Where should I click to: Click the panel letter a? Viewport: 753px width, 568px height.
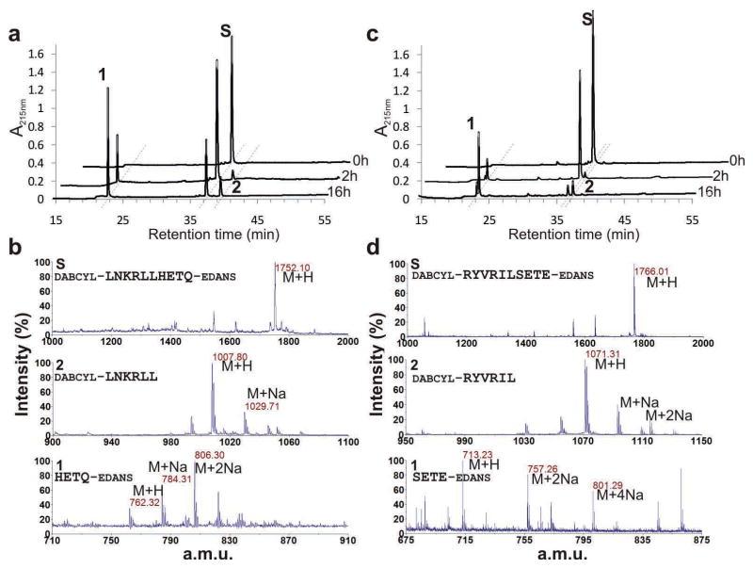(15, 12)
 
